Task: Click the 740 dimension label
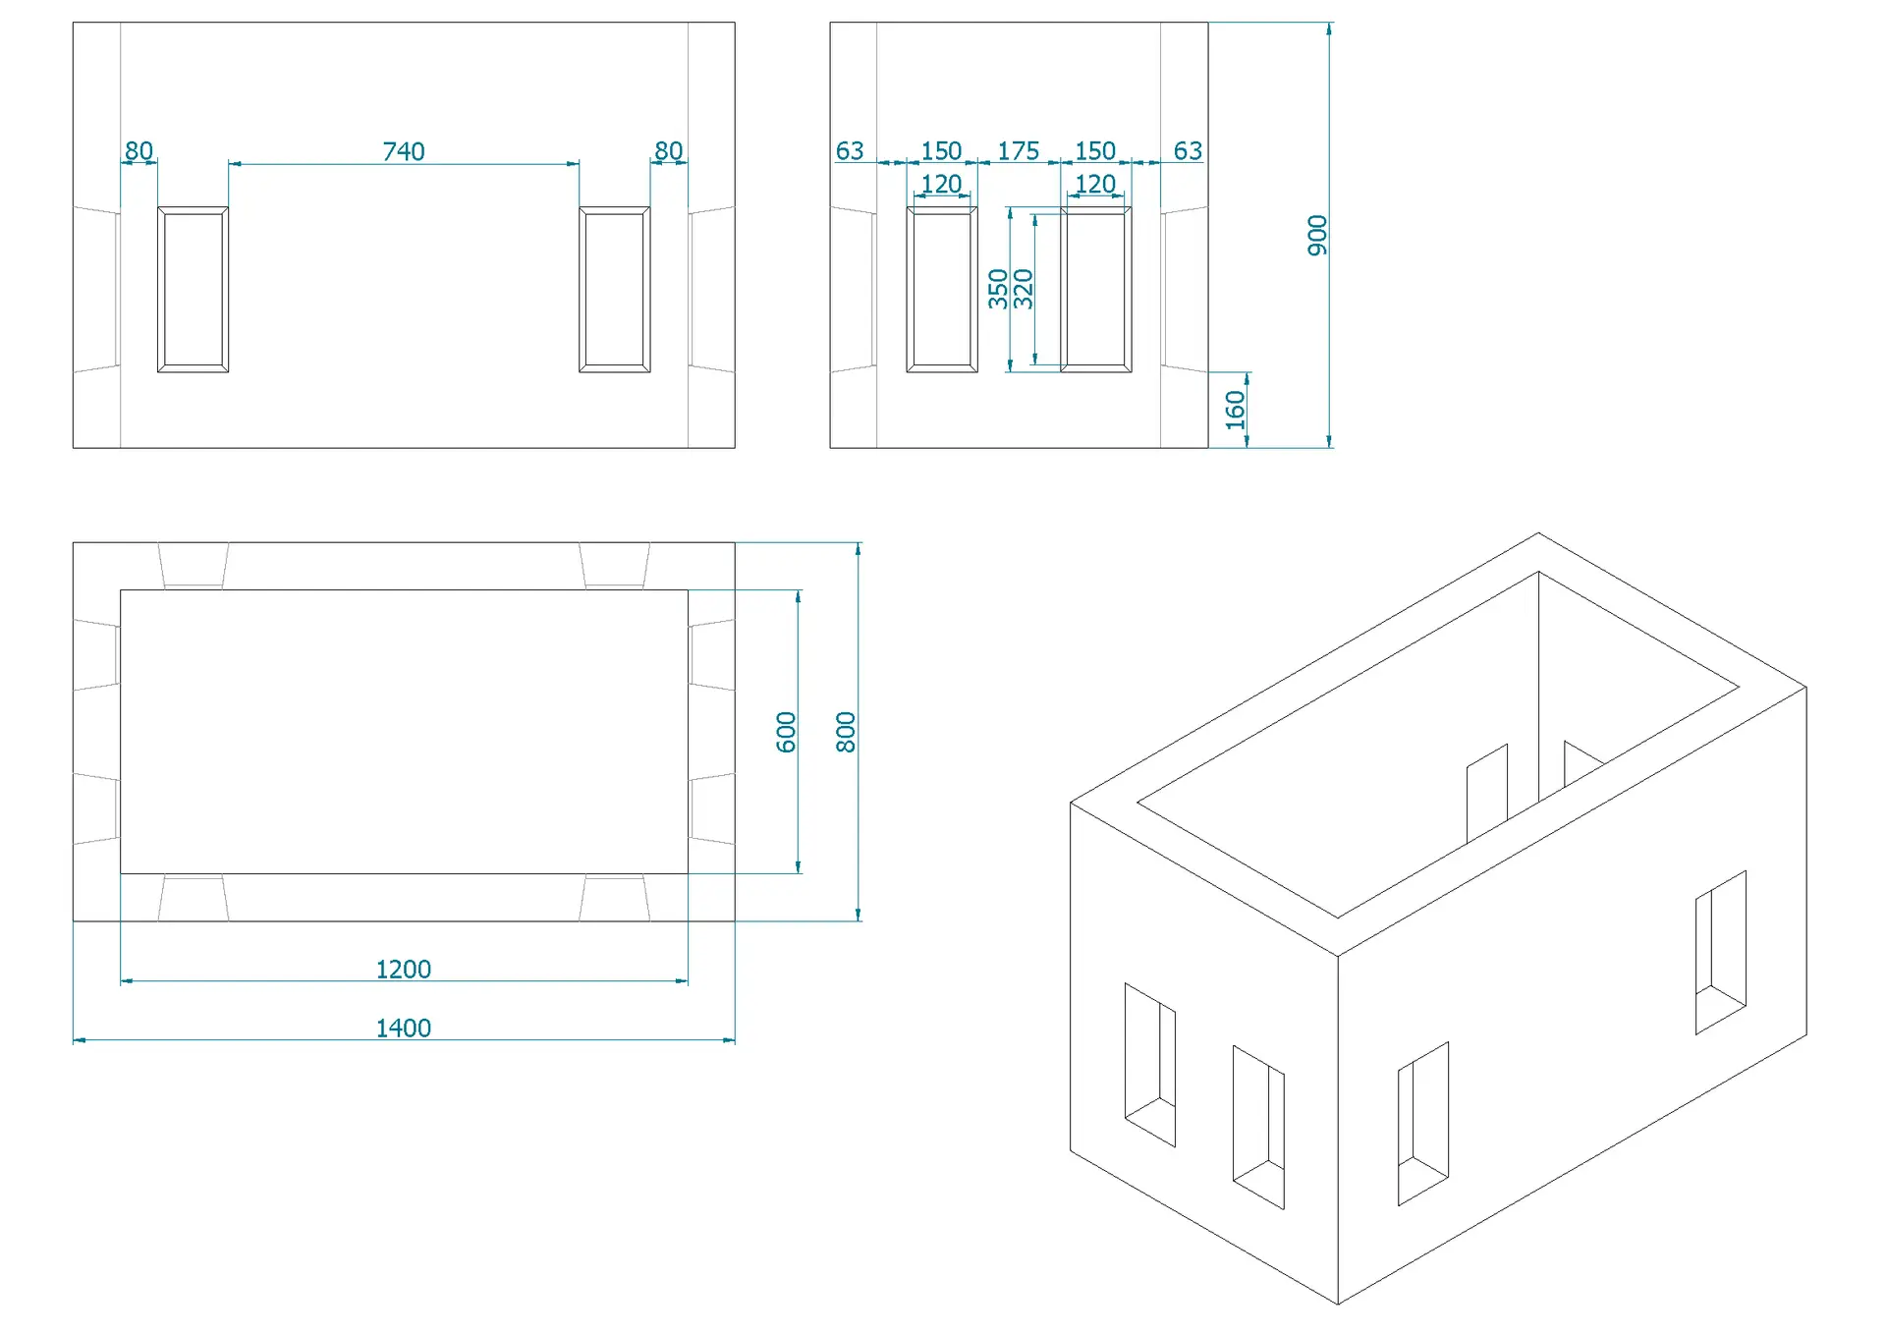click(x=403, y=151)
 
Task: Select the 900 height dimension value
click(x=1317, y=236)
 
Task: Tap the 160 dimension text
click(x=1235, y=410)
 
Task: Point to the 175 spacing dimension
click(x=1018, y=151)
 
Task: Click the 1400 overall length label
click(x=403, y=1028)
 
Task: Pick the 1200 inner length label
click(x=403, y=969)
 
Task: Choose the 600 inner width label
click(x=786, y=732)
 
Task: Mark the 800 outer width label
click(x=845, y=732)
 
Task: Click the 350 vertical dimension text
click(x=998, y=289)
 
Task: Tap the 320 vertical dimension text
click(x=1023, y=289)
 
